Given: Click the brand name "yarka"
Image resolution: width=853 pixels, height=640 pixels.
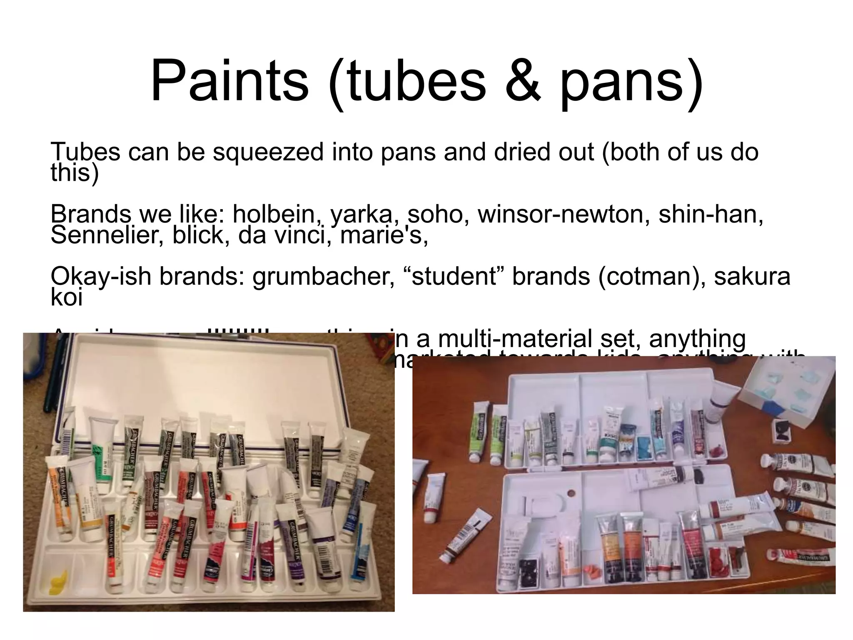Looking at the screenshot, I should tap(362, 214).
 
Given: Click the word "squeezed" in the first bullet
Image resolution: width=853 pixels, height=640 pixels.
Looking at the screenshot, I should tap(267, 152).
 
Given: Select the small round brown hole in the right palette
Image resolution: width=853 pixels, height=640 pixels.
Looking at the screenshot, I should tap(570, 494).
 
